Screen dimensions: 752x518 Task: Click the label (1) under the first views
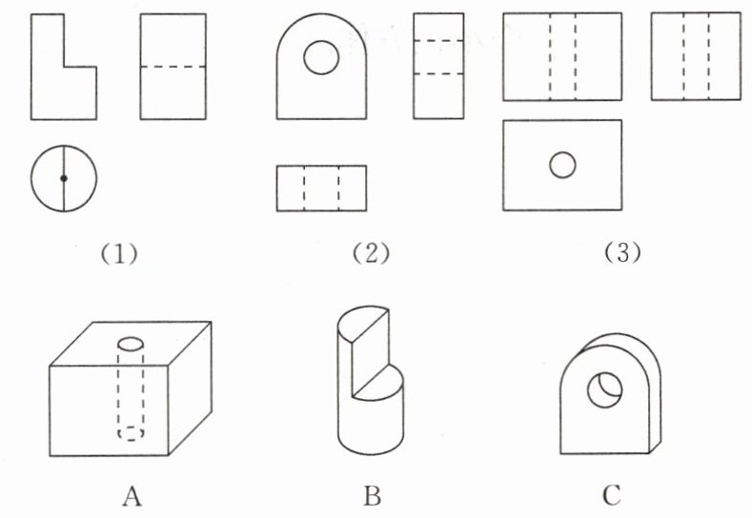point(119,253)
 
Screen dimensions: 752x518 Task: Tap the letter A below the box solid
point(132,495)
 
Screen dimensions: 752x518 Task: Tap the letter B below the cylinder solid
point(372,495)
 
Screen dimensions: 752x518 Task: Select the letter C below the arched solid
point(612,495)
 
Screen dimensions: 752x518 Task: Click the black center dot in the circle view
point(64,178)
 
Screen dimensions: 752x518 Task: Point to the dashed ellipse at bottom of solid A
point(131,433)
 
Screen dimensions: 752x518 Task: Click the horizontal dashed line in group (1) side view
point(173,67)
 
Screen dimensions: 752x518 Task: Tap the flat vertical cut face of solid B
point(370,352)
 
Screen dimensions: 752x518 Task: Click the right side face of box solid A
point(190,388)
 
